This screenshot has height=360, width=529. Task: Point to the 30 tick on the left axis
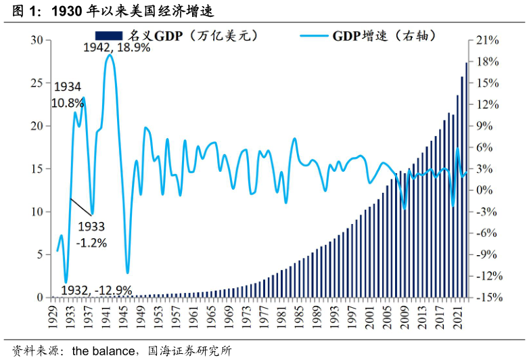point(37,41)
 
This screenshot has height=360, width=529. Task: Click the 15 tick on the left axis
point(37,169)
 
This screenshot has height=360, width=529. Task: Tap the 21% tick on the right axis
point(487,41)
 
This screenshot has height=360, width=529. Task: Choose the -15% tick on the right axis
point(487,298)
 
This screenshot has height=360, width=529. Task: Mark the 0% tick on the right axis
point(484,190)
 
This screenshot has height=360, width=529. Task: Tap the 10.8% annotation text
point(68,103)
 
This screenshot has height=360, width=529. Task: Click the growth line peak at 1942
point(110,55)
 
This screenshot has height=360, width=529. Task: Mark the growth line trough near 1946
point(127,273)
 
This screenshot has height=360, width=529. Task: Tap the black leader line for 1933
point(80,206)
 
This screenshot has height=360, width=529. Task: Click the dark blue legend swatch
point(109,35)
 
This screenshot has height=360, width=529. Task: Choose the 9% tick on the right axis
point(487,126)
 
